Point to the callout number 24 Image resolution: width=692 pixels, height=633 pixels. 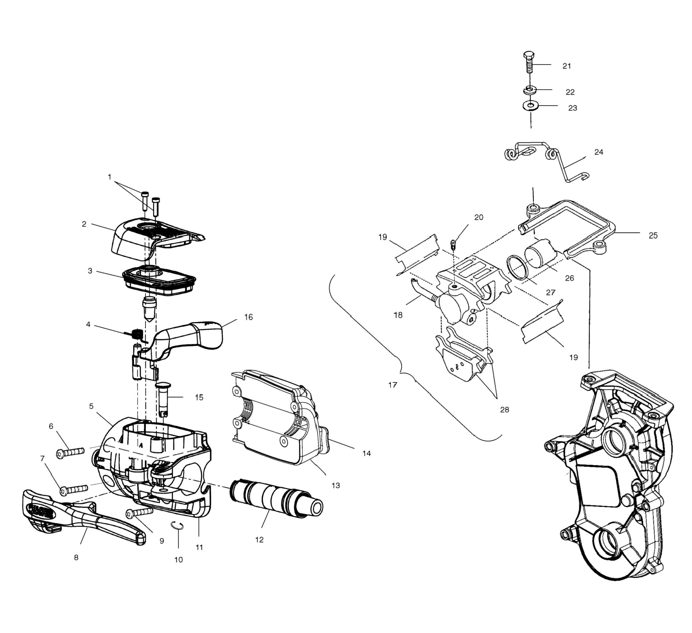click(598, 152)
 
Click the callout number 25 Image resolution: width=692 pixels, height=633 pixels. click(653, 235)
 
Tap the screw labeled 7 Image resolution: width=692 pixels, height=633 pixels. click(74, 489)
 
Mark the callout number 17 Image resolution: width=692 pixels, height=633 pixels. click(393, 385)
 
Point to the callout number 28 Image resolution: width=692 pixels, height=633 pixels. click(504, 409)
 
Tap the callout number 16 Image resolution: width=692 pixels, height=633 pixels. click(249, 317)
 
